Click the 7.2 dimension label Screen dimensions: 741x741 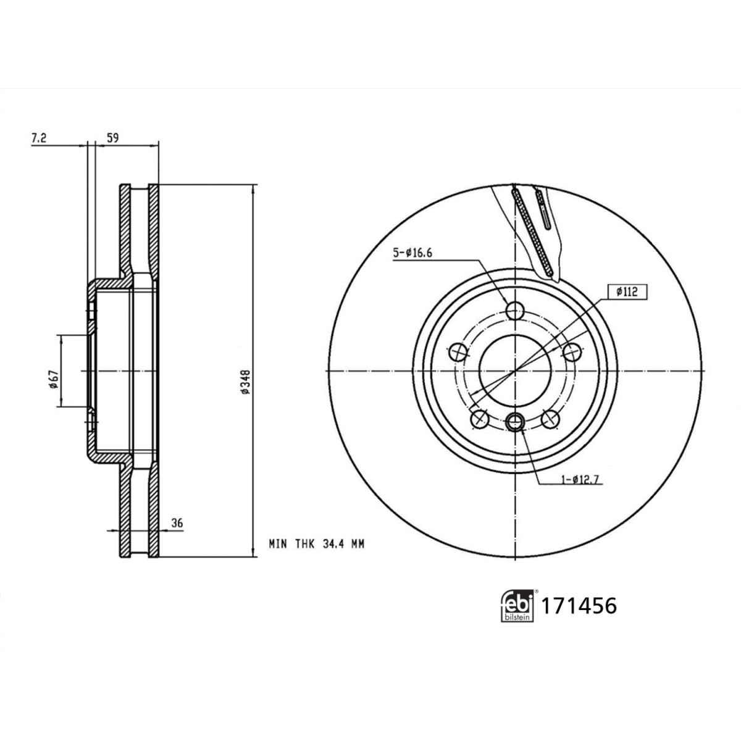click(39, 138)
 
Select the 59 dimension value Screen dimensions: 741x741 click(112, 138)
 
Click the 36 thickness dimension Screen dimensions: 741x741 click(177, 523)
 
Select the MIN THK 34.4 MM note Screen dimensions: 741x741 click(316, 544)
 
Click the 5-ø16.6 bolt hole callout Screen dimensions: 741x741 click(412, 253)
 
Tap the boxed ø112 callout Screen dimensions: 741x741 click(627, 293)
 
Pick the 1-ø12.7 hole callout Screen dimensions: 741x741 click(582, 480)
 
